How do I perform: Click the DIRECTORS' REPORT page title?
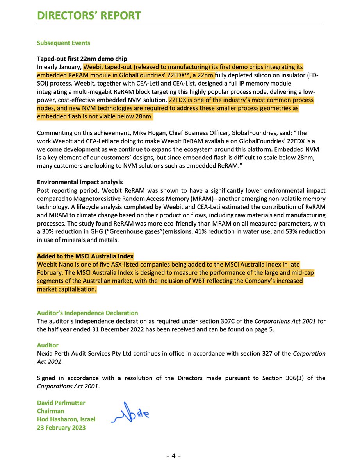(89, 16)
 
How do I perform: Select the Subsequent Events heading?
(63, 43)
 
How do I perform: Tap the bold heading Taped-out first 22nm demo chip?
(82, 59)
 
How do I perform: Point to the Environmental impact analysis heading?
(80, 182)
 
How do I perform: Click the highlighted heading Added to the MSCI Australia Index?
(85, 256)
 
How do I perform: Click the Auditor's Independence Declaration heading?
(87, 313)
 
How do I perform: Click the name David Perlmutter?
(61, 403)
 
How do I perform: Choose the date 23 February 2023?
(61, 428)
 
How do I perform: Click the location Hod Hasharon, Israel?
(66, 419)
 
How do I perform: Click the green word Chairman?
(50, 411)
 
